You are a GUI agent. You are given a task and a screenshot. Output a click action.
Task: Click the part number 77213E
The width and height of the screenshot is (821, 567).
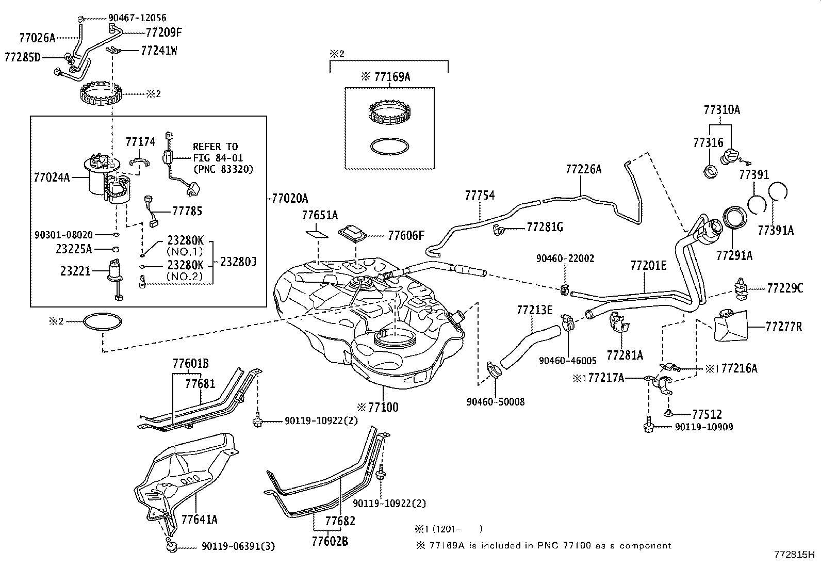click(x=534, y=310)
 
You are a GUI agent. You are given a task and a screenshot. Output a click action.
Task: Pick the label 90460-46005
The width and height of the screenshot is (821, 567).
click(x=567, y=361)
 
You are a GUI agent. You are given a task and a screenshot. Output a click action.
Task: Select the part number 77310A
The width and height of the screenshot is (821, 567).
click(x=722, y=109)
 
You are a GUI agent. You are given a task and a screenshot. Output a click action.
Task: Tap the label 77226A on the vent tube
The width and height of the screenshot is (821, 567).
click(x=583, y=169)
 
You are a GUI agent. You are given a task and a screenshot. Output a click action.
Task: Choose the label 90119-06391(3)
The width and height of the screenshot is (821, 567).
click(x=230, y=546)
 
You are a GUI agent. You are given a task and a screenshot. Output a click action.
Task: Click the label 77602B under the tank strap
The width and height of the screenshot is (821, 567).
click(x=330, y=541)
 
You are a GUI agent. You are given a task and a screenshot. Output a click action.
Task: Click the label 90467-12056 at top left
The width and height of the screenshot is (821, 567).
click(x=130, y=18)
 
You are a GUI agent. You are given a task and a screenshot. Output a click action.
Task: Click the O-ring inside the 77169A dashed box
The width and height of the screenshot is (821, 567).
click(x=389, y=146)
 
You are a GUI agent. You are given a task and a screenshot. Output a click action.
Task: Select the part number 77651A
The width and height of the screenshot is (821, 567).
click(x=320, y=215)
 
